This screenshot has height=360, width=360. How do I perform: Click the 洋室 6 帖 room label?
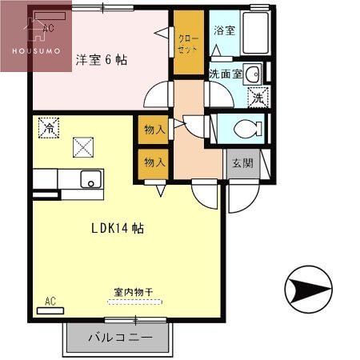pos(102,60)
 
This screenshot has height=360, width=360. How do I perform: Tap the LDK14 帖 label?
pos(117,228)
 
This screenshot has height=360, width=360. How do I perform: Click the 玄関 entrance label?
pos(242,163)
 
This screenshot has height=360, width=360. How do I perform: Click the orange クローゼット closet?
pos(189,44)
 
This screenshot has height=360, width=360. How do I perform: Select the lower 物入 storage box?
pos(154,162)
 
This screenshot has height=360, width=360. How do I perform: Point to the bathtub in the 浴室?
pos(255,34)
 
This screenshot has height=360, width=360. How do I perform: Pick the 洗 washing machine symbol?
pos(258,99)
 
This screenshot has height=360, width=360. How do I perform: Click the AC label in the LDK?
pos(50,302)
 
